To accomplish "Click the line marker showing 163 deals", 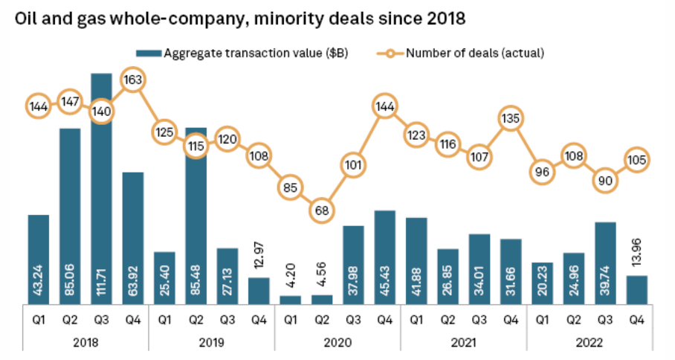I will point(132,80).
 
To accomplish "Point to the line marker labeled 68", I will point(321,210).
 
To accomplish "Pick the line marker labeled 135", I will point(510,118).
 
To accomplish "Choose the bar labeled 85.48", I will point(196,216).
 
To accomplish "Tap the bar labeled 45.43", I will point(384,257).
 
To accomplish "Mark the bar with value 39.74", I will point(604,263).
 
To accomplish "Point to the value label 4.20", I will point(291,277).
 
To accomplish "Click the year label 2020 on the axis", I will point(337,344).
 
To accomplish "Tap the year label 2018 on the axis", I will point(85,344).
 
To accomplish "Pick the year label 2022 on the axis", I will point(589,344).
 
